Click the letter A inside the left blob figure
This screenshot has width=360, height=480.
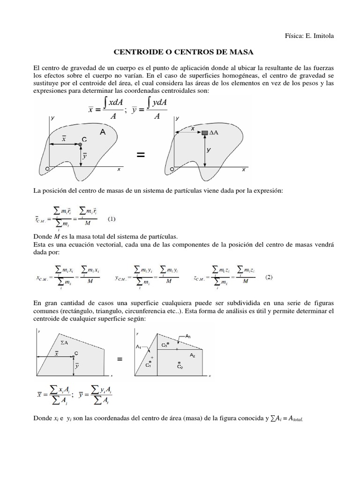coord(102,133)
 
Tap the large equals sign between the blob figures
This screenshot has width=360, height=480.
coord(140,156)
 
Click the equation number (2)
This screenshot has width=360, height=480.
coord(269,277)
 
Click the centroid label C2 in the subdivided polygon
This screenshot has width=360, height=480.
coord(180,366)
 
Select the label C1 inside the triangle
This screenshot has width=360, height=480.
coord(148,365)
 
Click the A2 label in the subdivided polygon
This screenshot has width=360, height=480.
coord(193,355)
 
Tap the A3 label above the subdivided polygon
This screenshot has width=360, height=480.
coord(188,336)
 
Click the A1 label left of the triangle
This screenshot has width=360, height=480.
coord(139,346)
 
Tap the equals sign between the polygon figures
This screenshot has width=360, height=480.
coord(120,359)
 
